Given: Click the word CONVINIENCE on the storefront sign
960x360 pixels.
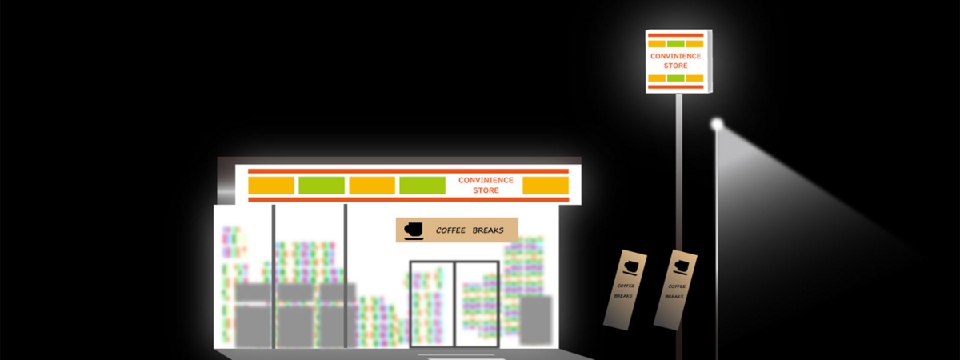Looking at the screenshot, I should (486, 180).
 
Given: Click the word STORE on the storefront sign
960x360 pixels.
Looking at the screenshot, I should (486, 190).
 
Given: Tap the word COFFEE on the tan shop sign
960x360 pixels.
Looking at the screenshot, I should (450, 230).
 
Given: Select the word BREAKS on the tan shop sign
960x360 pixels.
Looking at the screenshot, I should (488, 230).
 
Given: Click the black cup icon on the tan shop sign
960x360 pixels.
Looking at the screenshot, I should (413, 230).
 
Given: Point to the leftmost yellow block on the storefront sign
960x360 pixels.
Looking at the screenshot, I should (271, 186).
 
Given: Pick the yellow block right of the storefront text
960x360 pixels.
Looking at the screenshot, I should (545, 186).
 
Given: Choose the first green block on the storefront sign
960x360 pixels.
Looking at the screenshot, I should (321, 186).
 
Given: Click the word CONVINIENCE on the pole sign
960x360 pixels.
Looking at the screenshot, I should (675, 56).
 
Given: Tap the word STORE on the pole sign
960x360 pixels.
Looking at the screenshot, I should (675, 66).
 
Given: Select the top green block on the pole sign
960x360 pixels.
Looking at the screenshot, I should (675, 43).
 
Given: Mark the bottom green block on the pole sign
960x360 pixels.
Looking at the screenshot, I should (675, 78).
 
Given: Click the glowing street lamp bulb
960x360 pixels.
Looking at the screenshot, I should (716, 124).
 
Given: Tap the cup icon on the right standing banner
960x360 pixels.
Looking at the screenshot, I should (679, 265).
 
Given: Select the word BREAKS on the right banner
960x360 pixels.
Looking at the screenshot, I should (674, 296).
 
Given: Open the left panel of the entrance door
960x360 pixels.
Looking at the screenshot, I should (432, 304).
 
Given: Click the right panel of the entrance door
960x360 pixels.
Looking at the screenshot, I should (477, 304).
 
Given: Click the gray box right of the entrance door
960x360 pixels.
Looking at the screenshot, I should (536, 318).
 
